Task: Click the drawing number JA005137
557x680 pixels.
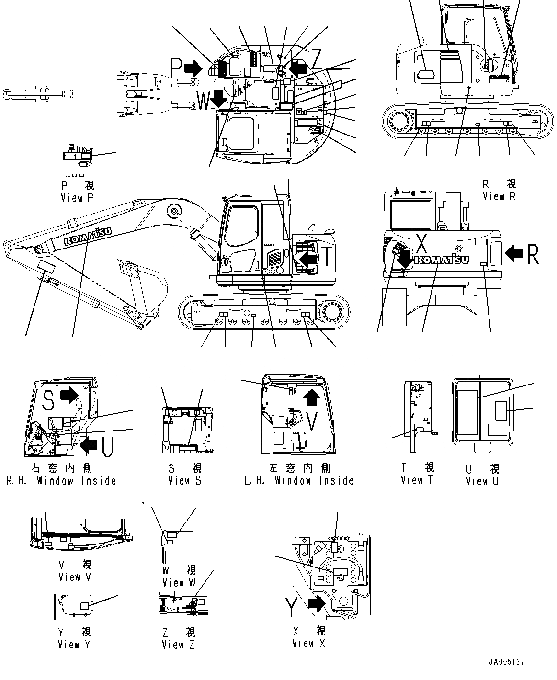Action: point(506,662)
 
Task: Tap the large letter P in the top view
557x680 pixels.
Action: point(176,68)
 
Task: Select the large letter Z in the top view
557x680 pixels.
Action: point(317,60)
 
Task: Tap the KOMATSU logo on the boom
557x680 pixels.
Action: point(87,236)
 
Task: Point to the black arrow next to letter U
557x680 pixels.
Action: point(90,444)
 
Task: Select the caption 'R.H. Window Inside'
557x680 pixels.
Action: point(61,480)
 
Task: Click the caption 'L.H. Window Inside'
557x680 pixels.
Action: point(299,480)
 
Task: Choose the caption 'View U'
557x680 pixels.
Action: point(482,481)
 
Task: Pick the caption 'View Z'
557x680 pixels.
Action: point(179,645)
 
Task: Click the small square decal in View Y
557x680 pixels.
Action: point(84,606)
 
